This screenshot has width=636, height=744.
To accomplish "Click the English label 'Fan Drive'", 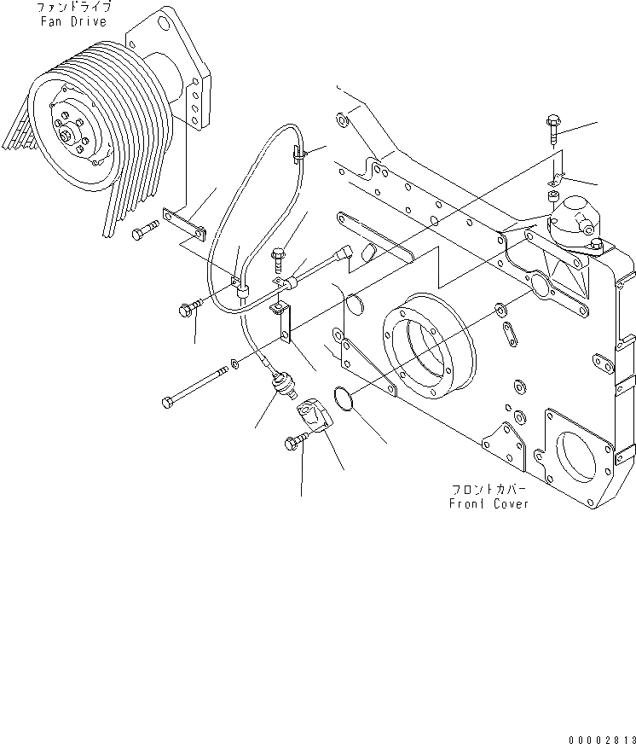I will click(x=74, y=21).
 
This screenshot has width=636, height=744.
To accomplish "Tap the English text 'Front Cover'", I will click(x=489, y=503).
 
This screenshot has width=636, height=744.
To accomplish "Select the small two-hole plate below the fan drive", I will click(x=187, y=224).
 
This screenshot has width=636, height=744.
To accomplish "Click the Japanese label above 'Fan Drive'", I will click(x=74, y=7).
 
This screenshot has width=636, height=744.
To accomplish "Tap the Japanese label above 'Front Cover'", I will click(x=489, y=490).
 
